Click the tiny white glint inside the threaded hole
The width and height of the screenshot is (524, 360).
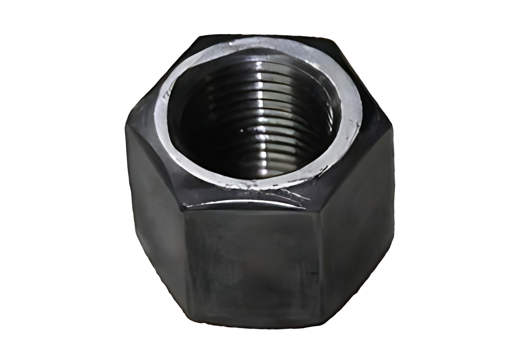(242, 130)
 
